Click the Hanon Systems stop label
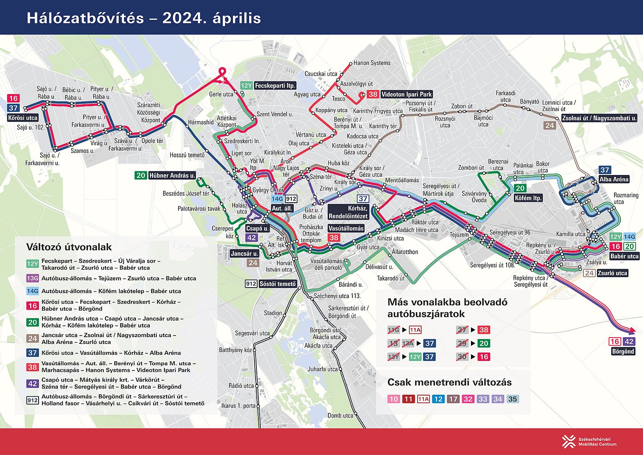point(372,63)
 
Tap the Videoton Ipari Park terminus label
point(406,94)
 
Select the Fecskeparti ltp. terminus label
point(275,85)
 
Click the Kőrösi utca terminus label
point(23,118)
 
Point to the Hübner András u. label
point(172,175)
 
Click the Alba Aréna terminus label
point(614,179)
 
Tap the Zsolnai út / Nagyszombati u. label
point(599,118)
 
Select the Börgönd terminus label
point(623,351)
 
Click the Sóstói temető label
point(277,284)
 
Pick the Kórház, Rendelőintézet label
point(348,212)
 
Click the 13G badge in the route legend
point(33,278)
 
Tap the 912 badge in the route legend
point(33,400)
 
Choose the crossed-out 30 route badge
point(462,356)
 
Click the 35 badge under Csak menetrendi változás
point(512,399)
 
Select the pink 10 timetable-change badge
point(393,399)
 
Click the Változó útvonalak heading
point(69,247)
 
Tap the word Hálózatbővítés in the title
point(85,18)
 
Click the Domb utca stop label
point(340,416)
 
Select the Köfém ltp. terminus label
point(528,198)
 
